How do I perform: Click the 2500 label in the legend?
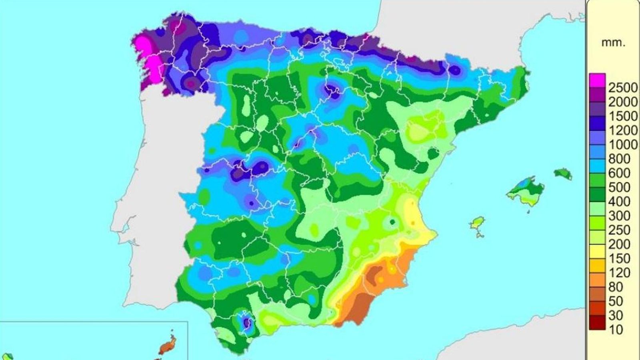pyautogui.click(x=623, y=88)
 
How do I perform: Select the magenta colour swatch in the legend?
pyautogui.click(x=597, y=80)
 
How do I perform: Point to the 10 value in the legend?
pyautogui.click(x=617, y=330)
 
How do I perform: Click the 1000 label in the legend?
pyautogui.click(x=623, y=144)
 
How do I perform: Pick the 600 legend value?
pyautogui.click(x=619, y=173)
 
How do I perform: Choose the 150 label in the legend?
pyautogui.click(x=619, y=258)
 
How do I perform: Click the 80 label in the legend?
pyautogui.click(x=617, y=287)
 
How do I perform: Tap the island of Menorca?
pyautogui.click(x=563, y=174)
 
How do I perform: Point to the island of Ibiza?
pyautogui.click(x=477, y=224)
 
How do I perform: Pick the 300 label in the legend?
pyautogui.click(x=619, y=216)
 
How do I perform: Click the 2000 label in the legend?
pyautogui.click(x=623, y=102)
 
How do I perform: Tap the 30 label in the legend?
pyautogui.click(x=617, y=315)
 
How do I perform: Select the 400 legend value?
pyautogui.click(x=619, y=201)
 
